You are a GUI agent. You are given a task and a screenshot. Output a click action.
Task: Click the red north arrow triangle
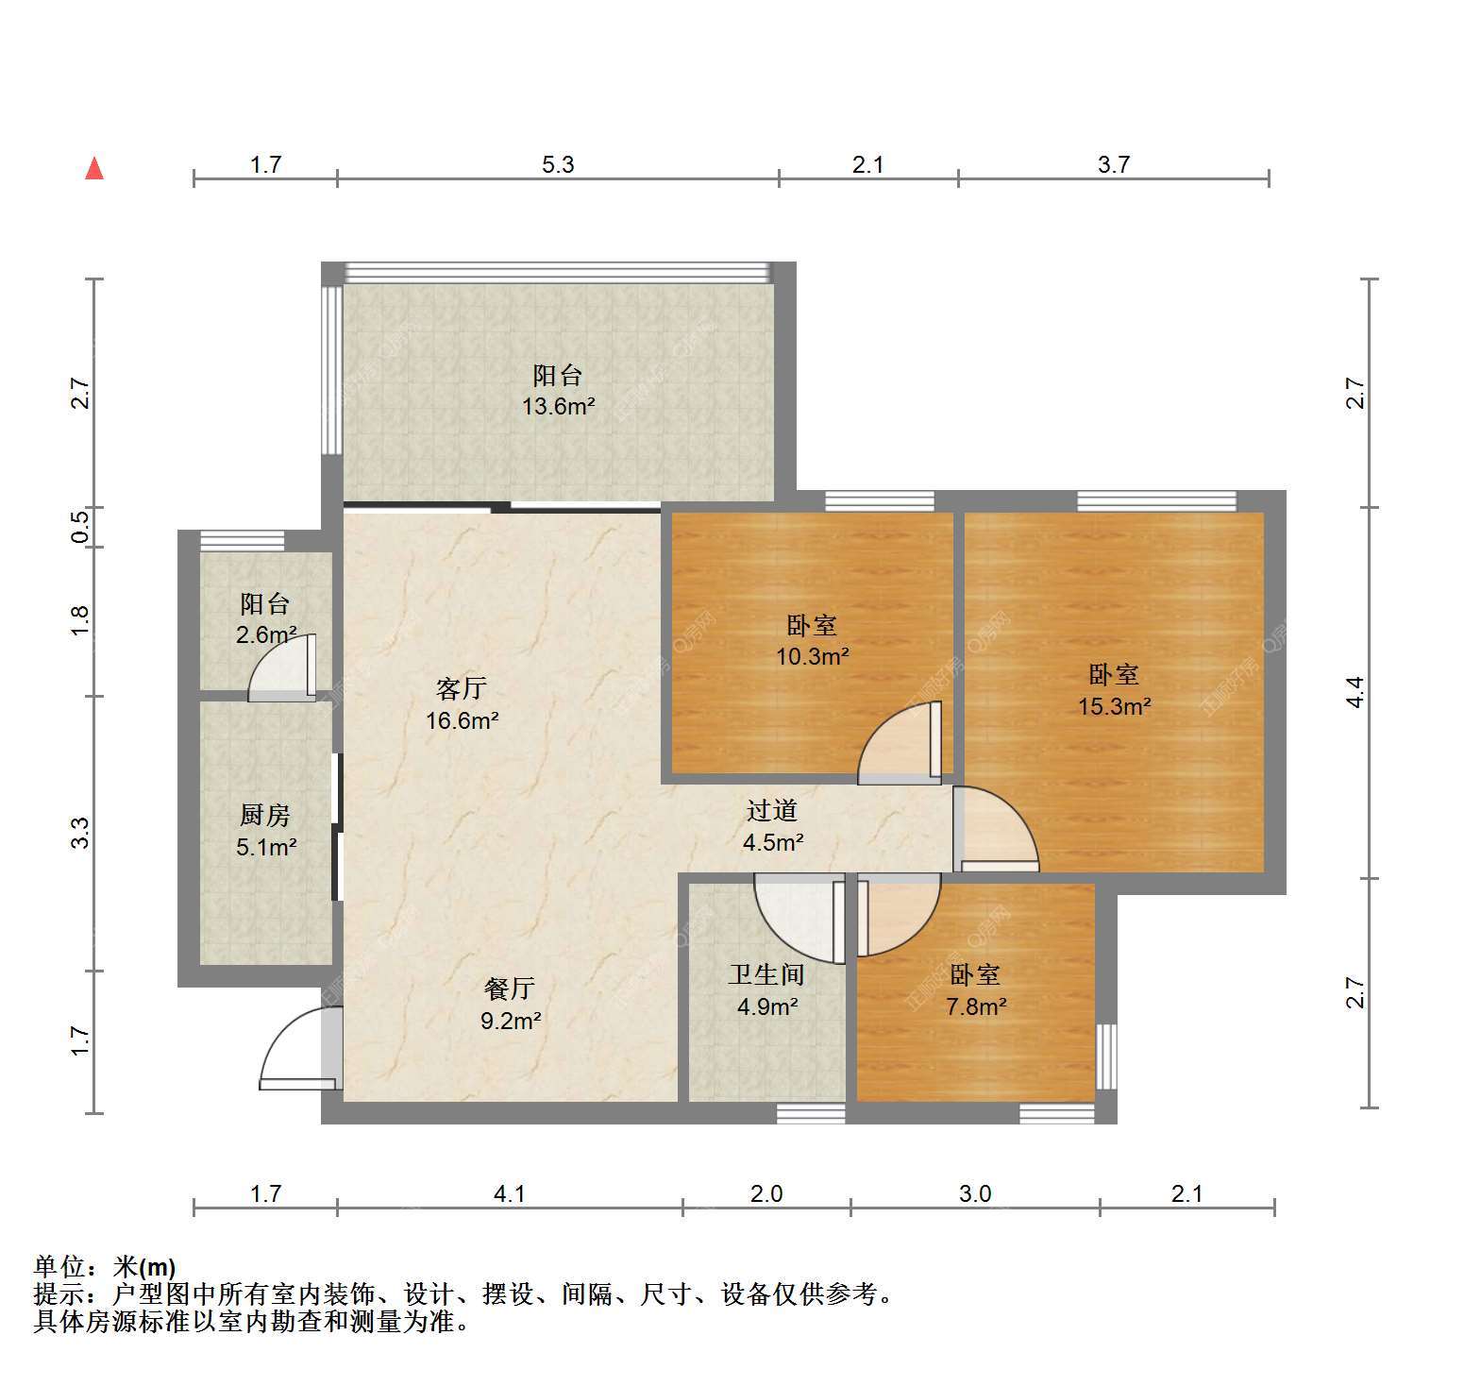94,169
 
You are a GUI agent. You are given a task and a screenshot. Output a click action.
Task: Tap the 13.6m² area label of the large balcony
559,407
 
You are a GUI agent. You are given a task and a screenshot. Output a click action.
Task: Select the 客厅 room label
462,687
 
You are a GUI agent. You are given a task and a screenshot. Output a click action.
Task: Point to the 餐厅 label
510,989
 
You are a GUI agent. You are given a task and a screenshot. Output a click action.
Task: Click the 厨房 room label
265,815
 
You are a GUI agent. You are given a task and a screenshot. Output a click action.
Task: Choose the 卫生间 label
766,974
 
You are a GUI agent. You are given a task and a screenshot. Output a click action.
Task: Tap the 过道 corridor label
772,810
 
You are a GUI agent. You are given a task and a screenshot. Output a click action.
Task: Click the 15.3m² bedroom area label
1115,706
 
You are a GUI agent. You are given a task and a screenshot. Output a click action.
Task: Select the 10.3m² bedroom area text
813,656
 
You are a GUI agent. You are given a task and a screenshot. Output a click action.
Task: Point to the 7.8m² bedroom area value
976,1006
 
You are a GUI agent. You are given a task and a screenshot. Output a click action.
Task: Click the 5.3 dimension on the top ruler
558,164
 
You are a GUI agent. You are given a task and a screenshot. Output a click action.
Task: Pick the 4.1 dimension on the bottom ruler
510,1193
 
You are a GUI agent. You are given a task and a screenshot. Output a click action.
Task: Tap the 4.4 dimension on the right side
1355,692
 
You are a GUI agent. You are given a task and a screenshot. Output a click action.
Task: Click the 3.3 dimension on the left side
80,833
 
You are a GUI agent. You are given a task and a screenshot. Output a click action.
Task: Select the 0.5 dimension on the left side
80,526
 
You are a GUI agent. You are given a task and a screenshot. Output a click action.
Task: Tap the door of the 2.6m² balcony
282,668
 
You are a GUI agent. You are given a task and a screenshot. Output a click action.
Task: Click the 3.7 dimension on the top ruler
1114,164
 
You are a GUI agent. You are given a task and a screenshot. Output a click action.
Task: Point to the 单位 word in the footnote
59,1267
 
